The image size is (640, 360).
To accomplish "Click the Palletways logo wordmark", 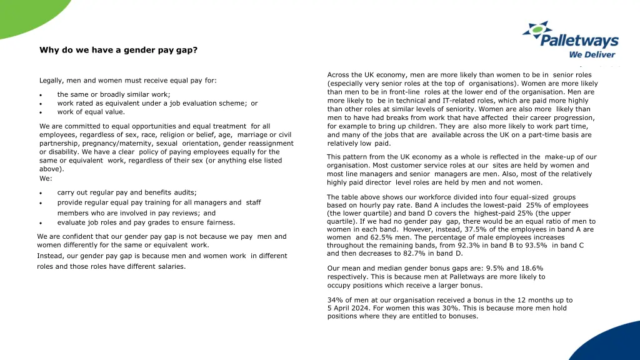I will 579,42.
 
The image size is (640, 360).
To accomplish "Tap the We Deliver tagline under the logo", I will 592,54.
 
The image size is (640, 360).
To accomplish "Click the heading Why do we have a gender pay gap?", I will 119,50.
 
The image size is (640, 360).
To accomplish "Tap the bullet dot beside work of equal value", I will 40,113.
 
